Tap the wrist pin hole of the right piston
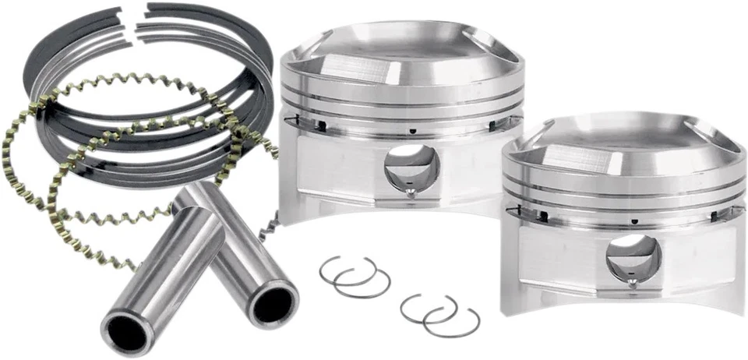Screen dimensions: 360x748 (633, 256)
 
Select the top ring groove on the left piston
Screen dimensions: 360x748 (397, 95)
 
